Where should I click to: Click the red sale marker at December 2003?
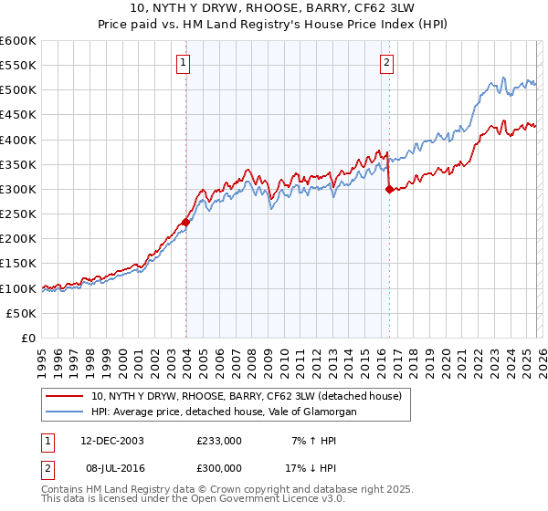click(x=185, y=222)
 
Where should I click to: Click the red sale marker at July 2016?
click(x=389, y=190)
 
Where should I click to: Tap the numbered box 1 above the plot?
click(x=184, y=63)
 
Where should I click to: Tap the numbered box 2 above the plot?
click(x=387, y=63)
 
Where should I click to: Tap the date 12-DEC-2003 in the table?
click(x=111, y=441)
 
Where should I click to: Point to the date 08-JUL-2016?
click(x=111, y=468)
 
